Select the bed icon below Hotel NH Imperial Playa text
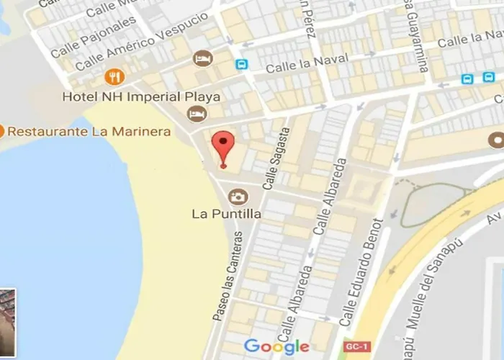[x=197, y=114]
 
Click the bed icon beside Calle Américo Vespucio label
[x=202, y=58]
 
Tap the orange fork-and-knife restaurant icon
[x=113, y=76]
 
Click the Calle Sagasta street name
[x=277, y=158]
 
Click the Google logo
[x=276, y=346]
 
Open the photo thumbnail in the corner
[x=7, y=323]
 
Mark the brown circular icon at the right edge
[x=496, y=139]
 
